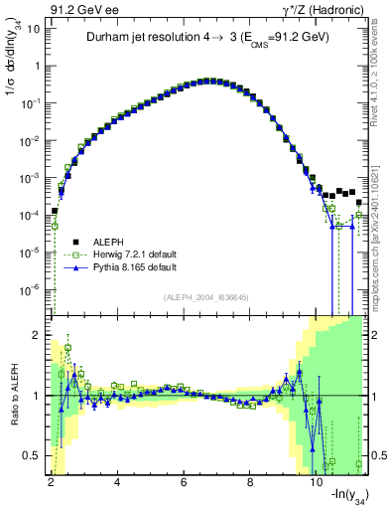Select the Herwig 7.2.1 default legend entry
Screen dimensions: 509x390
(x=123, y=254)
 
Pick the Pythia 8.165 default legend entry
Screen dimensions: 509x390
(x=121, y=267)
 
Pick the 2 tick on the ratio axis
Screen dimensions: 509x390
(x=37, y=335)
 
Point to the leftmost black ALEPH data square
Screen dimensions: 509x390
(x=55, y=211)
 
